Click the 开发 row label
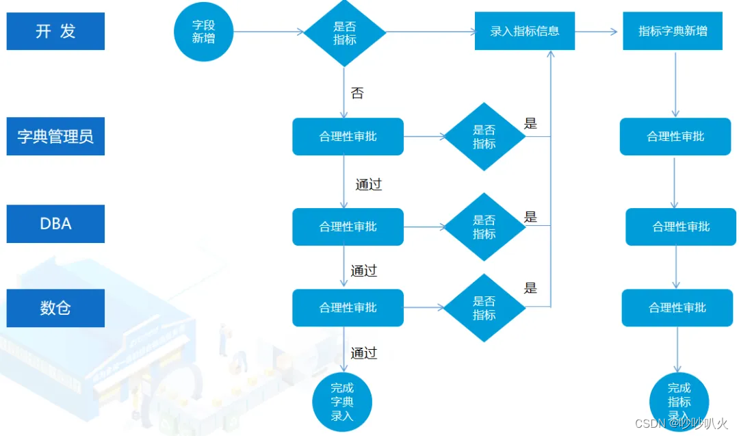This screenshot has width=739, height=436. pos(55,31)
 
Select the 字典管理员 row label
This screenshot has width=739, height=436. pos(55,136)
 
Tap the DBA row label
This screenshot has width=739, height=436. pos(55,224)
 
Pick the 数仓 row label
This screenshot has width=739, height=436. pos(55,308)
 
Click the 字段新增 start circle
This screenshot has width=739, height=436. pos(203,31)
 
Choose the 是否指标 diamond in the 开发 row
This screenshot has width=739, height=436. pos(345,31)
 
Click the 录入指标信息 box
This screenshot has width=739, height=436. pos(525,31)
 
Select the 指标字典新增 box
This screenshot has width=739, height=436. pos(673,31)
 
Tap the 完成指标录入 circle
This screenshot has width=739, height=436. pos(679,402)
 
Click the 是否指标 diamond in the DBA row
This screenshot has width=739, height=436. pos(484,227)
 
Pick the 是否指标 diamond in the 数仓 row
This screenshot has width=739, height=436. pos(484,308)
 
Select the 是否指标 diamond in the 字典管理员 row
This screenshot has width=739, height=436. pos(484,136)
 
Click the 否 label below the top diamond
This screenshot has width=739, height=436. pos(357,93)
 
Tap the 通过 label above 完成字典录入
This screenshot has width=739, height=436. pos(364,353)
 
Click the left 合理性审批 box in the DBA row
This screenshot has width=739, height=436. pos(348,227)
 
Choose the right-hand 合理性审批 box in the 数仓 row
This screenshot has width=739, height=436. pos(677,308)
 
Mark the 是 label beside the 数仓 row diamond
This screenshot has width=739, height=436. pos(530,288)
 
